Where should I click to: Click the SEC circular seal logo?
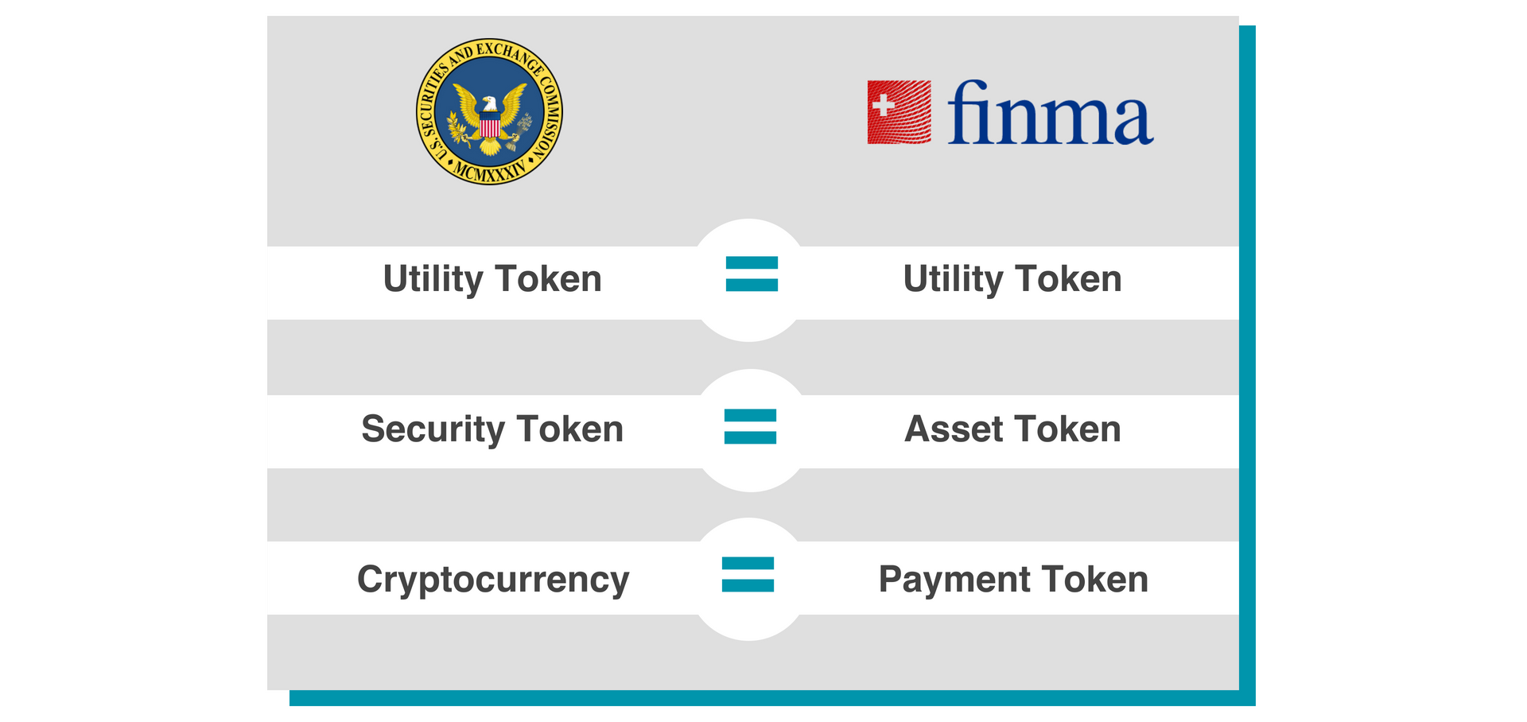coord(489,111)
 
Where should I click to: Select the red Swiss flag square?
coord(899,112)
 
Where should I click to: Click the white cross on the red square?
coord(883,104)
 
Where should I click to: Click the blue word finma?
coord(1050,113)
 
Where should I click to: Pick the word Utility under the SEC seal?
coord(433,280)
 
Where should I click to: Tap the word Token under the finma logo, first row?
coord(1068,280)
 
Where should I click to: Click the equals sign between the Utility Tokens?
coord(752,274)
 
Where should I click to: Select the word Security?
coord(433,429)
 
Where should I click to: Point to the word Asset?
coord(953,429)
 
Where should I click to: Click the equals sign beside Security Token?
coord(750,426)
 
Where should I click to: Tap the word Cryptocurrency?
coord(493,580)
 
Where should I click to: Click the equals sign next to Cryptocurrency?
coord(748,574)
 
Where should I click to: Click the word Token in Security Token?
coord(569,429)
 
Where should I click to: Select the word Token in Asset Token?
coord(1068,429)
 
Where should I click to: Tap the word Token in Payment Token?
coord(1095,580)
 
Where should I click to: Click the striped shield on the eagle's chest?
coord(490,124)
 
